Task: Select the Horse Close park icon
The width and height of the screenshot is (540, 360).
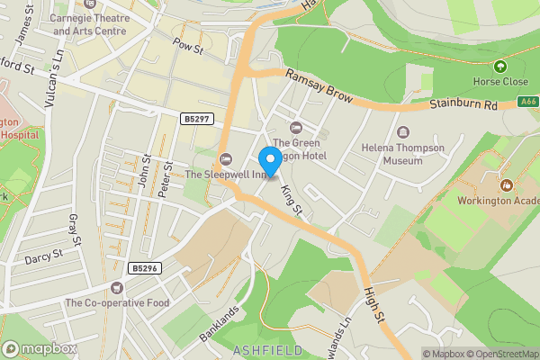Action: point(500,66)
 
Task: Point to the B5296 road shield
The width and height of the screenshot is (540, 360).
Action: point(144,268)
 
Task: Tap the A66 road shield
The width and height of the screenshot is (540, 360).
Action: point(529,103)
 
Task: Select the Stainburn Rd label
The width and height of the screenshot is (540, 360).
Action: point(464,105)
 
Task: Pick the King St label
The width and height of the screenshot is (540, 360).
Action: point(292,199)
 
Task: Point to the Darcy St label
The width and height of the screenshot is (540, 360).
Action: point(43,256)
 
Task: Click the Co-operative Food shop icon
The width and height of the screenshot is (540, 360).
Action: point(116,287)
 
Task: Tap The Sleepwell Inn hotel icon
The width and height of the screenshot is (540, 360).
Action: point(226,159)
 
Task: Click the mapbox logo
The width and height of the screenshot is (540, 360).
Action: point(40,348)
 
